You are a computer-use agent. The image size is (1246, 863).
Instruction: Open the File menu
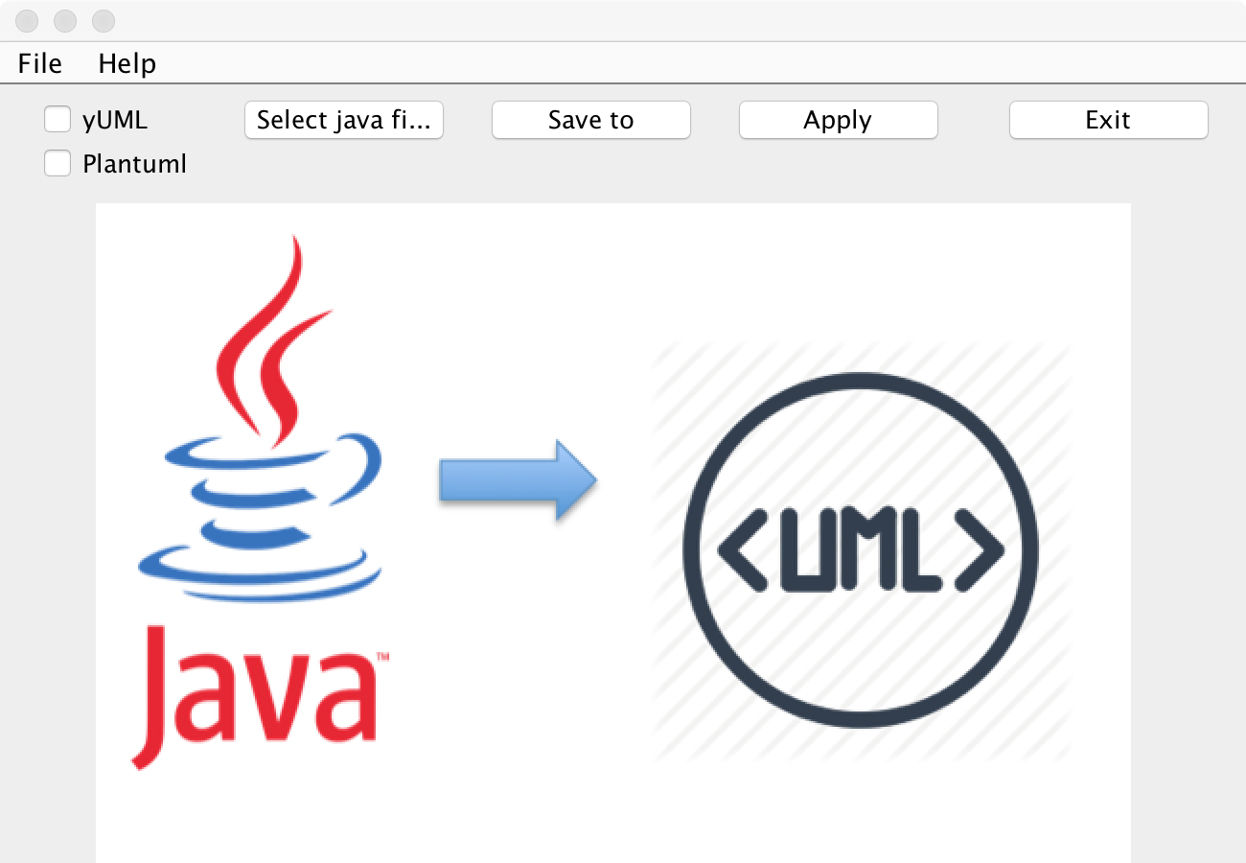(40, 63)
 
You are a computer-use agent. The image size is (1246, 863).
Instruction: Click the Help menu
(127, 63)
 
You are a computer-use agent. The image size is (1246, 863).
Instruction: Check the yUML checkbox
(58, 120)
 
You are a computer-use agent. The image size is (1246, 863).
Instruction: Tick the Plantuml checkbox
(58, 164)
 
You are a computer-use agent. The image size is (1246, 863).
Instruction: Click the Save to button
(590, 120)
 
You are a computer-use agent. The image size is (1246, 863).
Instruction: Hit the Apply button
(838, 120)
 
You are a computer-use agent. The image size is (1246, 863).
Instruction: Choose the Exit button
(1108, 120)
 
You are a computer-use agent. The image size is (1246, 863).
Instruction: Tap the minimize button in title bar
(65, 20)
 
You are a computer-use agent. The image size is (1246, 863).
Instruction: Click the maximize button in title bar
(103, 20)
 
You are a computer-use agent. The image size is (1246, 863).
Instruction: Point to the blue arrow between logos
(518, 479)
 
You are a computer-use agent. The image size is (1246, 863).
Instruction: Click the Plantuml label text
(134, 164)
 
